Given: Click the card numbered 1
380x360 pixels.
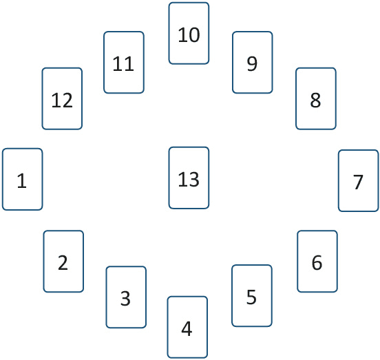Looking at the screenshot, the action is tap(22, 179).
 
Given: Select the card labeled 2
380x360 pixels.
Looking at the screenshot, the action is tap(63, 261).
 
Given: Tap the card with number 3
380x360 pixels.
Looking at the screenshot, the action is tap(126, 297).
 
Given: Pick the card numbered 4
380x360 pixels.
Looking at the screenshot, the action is tap(187, 327).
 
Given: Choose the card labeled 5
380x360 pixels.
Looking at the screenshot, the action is tap(252, 295).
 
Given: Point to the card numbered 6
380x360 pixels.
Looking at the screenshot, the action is tap(317, 261).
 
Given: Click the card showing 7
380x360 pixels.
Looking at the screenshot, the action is tap(359, 180).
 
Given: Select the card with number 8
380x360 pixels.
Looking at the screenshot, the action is tap(316, 98).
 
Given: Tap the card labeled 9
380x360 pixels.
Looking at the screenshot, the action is tap(252, 62).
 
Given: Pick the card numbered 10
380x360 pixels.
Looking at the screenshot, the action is tap(189, 33).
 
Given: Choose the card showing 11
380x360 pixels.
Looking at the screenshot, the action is tap(124, 62).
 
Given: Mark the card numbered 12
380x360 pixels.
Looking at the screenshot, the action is tap(62, 98).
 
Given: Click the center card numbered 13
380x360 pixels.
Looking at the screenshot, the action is tap(189, 178).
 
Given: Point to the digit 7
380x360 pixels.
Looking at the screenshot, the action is tap(358, 182).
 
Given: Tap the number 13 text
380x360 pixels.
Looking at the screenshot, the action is tap(189, 179).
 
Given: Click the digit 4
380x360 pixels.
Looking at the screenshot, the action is tap(187, 328).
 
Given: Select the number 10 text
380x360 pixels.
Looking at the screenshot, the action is tap(189, 35).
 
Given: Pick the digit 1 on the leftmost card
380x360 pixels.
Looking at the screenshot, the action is tap(22, 180).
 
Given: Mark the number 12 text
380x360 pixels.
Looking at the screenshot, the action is tap(62, 100).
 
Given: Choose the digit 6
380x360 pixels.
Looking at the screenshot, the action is tap(317, 263).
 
